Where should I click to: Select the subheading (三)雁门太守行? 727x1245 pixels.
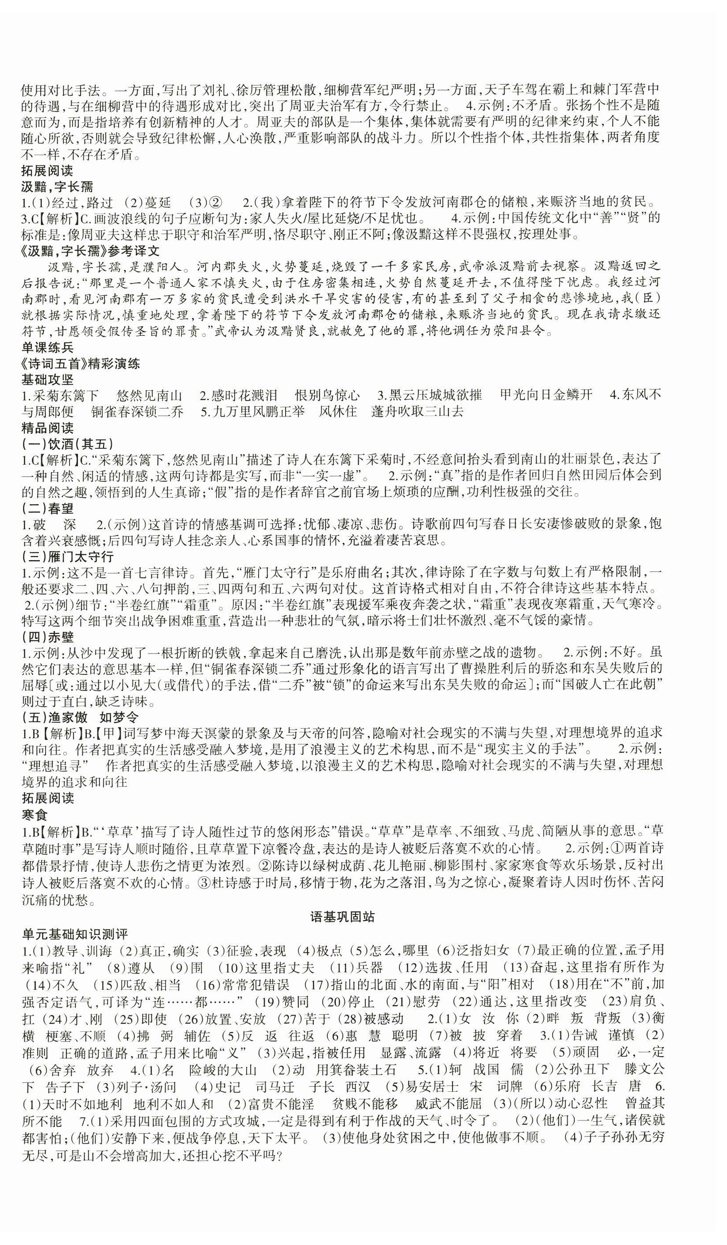click(68, 556)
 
